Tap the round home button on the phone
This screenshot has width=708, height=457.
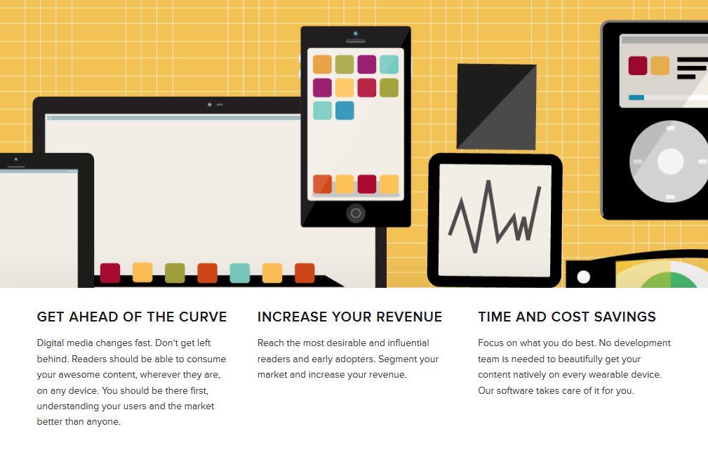[356, 213]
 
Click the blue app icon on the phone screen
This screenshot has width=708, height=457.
[345, 111]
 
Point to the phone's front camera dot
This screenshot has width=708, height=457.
[356, 34]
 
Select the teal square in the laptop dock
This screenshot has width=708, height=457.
[240, 273]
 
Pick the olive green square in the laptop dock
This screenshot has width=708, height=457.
[175, 273]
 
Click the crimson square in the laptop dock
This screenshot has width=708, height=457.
[110, 273]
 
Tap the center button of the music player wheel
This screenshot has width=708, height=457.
[671, 161]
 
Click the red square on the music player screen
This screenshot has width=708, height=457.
[638, 65]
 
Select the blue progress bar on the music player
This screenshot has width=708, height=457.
[636, 98]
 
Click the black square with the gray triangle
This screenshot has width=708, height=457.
[497, 107]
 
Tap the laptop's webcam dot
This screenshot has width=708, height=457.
[210, 105]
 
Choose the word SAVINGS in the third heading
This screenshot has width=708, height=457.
[625, 317]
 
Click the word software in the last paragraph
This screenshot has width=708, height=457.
[515, 390]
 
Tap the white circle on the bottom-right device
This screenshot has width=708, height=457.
[583, 277]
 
